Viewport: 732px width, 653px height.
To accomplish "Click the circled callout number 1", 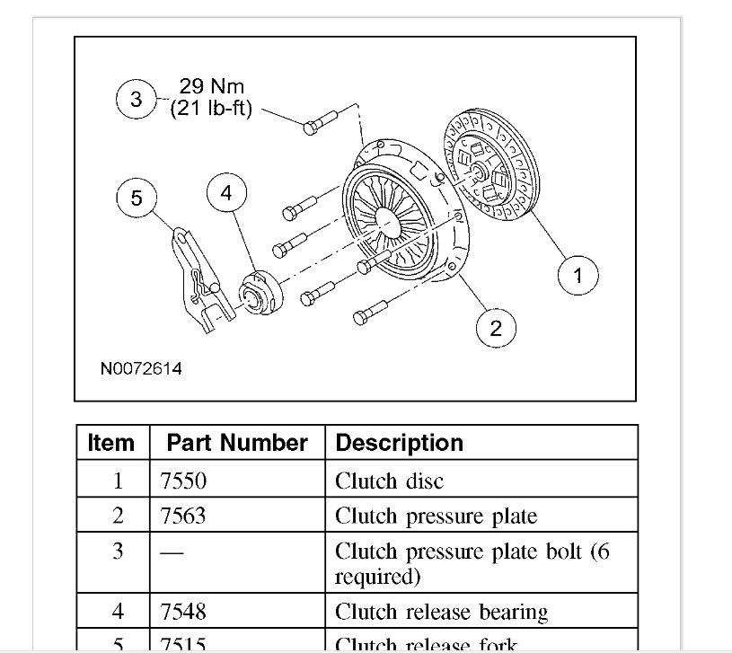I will point(578,276).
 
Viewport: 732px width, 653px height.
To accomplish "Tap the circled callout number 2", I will point(496,329).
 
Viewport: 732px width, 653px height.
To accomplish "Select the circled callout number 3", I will point(137,100).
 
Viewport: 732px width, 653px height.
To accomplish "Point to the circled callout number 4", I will point(226,193).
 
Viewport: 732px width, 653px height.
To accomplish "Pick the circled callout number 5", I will point(137,198).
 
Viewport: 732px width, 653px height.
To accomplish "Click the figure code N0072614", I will point(141,369).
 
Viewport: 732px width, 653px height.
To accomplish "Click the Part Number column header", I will point(237,443).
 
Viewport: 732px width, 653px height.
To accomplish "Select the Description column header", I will point(399,443).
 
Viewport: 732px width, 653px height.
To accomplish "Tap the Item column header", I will point(111,443).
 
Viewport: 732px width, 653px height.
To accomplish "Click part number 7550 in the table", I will point(183,481).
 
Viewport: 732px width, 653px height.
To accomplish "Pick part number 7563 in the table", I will point(183,516).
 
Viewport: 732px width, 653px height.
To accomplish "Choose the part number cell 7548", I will point(183,612).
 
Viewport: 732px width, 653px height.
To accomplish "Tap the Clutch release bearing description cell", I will point(441,612).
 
